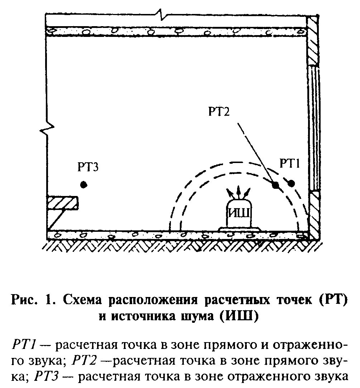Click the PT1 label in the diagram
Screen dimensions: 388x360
[291, 164]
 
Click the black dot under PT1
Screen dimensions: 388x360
[291, 183]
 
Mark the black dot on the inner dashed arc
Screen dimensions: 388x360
[275, 185]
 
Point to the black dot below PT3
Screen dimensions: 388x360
[83, 185]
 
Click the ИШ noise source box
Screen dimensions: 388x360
[239, 214]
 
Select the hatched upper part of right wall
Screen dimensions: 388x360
[313, 39]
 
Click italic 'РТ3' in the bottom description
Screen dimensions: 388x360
[45, 376]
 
